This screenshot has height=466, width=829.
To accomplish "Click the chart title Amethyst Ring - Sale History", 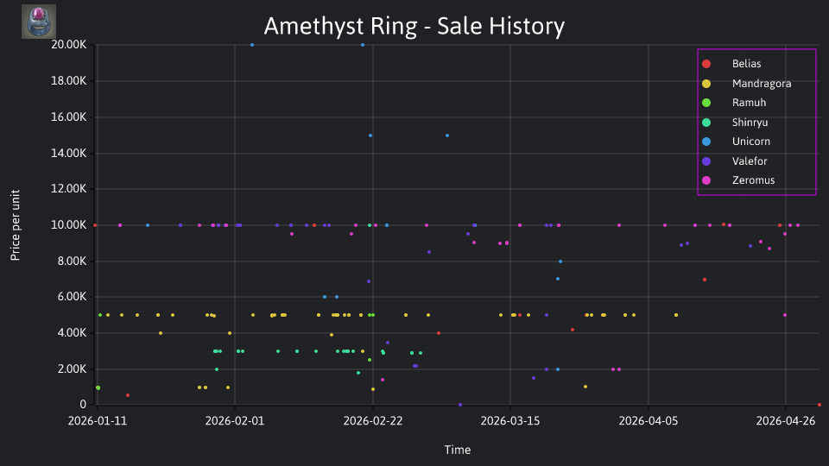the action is coord(414,26).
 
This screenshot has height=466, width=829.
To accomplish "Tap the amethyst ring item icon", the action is coord(39,22).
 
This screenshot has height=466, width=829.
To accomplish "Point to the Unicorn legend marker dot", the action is coord(706,142).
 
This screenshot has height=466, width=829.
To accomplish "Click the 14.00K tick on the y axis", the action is coord(69,154).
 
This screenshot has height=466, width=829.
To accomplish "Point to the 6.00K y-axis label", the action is coord(69,296).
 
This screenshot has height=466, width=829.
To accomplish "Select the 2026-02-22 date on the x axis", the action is coord(373,420).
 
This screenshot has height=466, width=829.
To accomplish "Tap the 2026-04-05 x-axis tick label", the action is coord(649,420).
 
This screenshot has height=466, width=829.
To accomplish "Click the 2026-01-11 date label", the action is coord(98,420).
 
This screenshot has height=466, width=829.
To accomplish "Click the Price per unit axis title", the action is coord(16,225).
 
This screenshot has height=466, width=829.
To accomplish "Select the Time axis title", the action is coord(458,450).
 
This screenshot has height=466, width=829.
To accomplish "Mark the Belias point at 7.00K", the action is coord(705,280).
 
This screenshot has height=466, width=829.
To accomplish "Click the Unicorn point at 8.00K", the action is coord(560,261).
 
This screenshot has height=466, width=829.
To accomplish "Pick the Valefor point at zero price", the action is coord(460,405).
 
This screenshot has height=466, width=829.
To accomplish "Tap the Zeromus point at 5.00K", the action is coord(785,315).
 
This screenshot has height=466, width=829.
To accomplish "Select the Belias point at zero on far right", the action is coord(820,405).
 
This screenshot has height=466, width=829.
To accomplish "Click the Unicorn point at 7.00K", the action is coord(558,279).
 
